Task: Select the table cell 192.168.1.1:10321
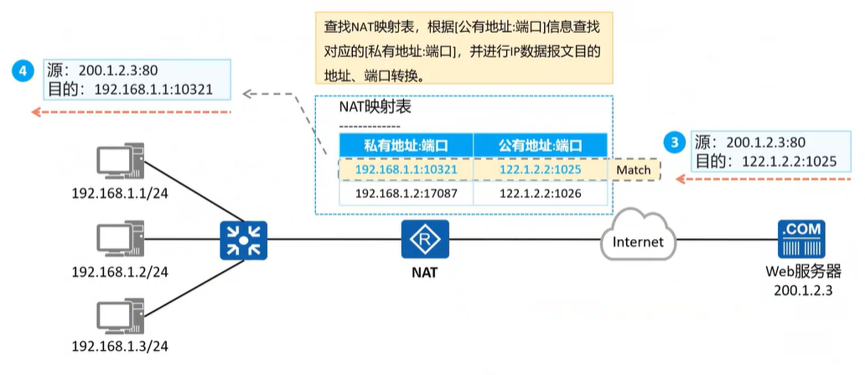[406, 170]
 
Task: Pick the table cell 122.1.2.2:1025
[540, 170]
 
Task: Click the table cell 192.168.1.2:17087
[406, 194]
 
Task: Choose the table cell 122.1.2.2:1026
[540, 194]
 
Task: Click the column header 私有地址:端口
[406, 145]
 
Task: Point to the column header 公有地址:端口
[540, 145]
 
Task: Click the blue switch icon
[243, 241]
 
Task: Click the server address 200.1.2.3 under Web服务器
[801, 289]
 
